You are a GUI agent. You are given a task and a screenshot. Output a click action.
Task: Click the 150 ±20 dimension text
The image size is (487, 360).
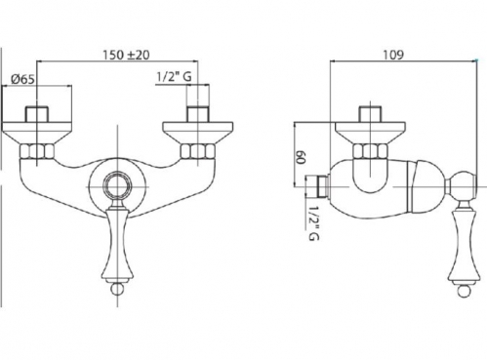[x=126, y=55]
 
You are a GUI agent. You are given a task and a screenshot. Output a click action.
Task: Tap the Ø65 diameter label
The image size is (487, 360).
[x=22, y=79]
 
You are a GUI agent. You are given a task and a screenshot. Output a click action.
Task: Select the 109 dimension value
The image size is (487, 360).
[x=393, y=55]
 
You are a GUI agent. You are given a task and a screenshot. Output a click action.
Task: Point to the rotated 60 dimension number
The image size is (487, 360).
[x=301, y=157]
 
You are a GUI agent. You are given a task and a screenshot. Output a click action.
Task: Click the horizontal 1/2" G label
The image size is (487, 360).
[x=174, y=77]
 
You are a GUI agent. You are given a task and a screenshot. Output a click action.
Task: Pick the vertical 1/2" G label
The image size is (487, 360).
[x=313, y=222]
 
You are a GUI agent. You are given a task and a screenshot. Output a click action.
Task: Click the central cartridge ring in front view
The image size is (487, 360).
[x=117, y=186]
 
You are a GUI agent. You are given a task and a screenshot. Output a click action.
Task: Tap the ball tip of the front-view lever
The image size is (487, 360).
[x=117, y=289]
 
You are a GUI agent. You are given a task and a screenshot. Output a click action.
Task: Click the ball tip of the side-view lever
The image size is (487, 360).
[x=464, y=290]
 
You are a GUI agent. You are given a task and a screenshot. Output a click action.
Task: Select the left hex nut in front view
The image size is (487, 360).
[x=37, y=151]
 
